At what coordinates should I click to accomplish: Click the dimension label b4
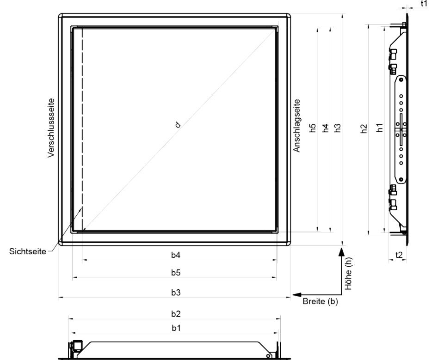click(176, 255)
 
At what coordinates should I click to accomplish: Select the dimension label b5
click(176, 273)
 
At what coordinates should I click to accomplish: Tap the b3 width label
click(176, 293)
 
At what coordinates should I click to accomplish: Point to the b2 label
click(176, 314)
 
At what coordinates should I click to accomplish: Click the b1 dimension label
click(176, 328)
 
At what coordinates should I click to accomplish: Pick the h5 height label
click(313, 128)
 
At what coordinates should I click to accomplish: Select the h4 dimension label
click(326, 128)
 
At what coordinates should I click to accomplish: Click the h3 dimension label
click(337, 128)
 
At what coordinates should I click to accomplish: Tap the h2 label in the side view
click(364, 128)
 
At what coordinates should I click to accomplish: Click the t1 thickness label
click(424, 3)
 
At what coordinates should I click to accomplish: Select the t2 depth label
click(399, 255)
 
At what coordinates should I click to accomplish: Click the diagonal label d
click(178, 124)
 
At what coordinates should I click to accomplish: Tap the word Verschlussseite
click(51, 128)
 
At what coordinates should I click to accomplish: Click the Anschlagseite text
click(296, 126)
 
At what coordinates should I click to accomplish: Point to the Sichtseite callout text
click(27, 251)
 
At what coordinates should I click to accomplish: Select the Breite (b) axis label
click(320, 301)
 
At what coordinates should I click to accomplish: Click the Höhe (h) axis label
click(348, 274)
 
